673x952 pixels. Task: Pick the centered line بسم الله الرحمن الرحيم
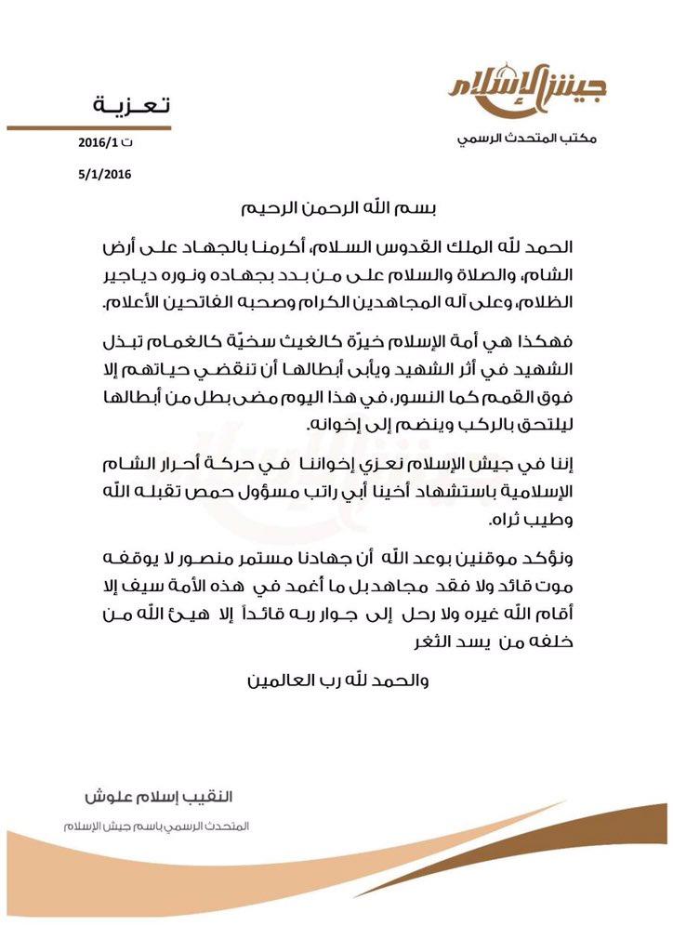pyautogui.click(x=336, y=209)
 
